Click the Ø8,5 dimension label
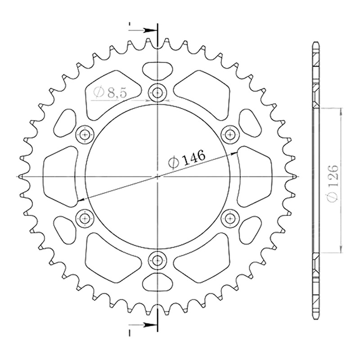[110, 93]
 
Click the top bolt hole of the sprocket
[157, 93]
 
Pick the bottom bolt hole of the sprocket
[157, 260]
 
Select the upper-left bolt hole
[85, 135]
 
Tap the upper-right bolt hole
[229, 135]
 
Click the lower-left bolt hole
[85, 218]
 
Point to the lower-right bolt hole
[229, 218]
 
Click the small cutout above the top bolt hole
[157, 71]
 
